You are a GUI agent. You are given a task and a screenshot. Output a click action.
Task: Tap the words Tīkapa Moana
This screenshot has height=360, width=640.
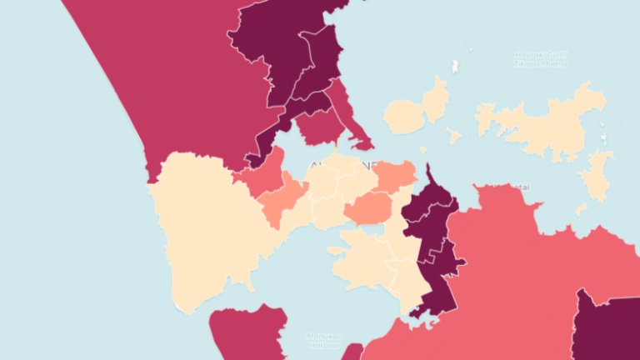point(541,63)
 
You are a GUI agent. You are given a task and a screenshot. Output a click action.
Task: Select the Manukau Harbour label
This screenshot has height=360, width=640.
point(321,340)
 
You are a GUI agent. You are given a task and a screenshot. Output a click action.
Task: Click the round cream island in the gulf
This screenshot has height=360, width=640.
point(403,117)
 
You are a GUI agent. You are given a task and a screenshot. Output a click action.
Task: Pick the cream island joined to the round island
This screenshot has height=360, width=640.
point(436,97)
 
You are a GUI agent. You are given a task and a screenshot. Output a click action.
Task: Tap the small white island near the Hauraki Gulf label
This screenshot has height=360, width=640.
point(455,67)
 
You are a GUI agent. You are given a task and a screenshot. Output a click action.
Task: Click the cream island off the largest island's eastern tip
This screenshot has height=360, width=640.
point(597,177)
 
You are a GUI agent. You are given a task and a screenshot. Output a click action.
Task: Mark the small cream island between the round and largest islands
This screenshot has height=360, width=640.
point(454,134)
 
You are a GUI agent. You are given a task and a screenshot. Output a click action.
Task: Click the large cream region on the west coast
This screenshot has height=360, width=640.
point(208,225)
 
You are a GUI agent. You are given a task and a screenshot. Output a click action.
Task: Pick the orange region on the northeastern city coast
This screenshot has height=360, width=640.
point(394,176)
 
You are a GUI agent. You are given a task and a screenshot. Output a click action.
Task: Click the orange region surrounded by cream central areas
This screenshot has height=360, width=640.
point(367,208)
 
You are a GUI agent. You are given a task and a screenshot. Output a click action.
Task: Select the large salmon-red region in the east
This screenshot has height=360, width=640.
point(533,267)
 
